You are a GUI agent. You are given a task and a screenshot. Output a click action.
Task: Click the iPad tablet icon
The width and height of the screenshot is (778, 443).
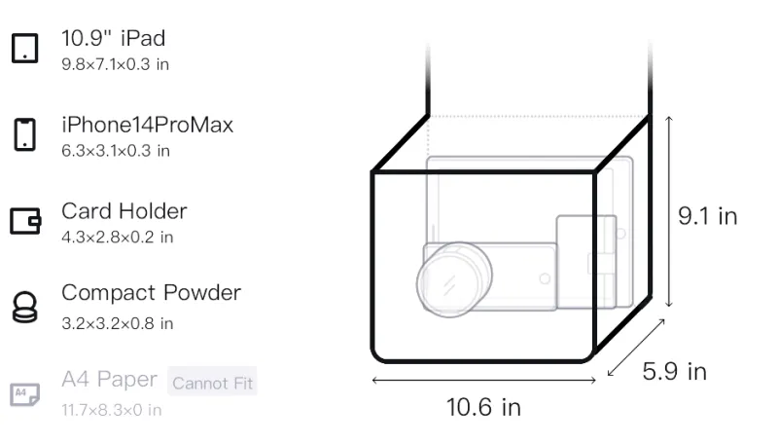pyautogui.click(x=25, y=48)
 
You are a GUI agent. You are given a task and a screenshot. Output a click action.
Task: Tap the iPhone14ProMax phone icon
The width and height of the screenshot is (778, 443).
pyautogui.click(x=25, y=134)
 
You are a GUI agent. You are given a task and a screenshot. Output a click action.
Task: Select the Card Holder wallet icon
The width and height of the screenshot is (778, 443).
pyautogui.click(x=25, y=220)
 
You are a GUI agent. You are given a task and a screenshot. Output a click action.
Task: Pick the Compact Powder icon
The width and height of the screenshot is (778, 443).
pyautogui.click(x=25, y=307)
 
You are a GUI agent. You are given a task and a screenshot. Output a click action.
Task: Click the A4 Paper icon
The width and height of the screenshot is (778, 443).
pyautogui.click(x=25, y=394)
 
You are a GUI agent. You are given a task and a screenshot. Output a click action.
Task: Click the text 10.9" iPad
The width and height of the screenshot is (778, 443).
pyautogui.click(x=113, y=38)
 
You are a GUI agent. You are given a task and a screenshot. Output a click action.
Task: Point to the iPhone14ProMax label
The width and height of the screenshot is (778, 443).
pyautogui.click(x=148, y=125)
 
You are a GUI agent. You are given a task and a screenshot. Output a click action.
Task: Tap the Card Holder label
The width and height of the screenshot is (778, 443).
pyautogui.click(x=124, y=211)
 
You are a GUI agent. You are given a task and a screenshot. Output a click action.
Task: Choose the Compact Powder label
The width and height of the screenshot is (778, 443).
pyautogui.click(x=151, y=293)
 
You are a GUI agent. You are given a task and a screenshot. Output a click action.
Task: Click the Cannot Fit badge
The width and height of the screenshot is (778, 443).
pyautogui.click(x=212, y=383)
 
